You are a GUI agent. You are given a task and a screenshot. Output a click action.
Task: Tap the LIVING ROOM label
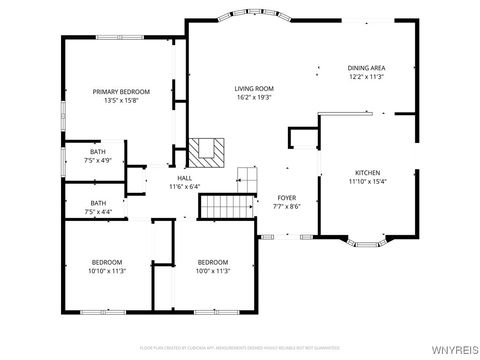tap(254, 89)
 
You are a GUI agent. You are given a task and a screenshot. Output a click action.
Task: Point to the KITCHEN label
tap(367, 173)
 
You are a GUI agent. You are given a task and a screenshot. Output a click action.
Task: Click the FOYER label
tap(287, 198)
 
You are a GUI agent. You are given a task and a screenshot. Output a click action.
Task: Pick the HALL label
tap(184, 178)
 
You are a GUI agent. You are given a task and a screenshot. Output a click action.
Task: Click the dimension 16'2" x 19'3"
tap(254, 98)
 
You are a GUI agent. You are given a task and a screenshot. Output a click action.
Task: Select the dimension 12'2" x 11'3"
tap(367, 77)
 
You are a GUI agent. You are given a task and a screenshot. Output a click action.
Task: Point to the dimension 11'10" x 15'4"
tap(367, 182)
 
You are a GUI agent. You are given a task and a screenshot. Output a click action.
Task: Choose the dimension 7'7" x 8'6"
tap(287, 207)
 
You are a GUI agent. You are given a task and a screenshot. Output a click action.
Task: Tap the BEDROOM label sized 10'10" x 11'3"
tap(106, 262)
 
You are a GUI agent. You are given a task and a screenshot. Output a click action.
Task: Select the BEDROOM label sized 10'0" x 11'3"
tap(213, 262)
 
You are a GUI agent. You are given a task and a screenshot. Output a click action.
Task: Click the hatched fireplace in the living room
tap(208, 150)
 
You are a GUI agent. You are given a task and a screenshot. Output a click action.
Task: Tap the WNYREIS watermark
tap(455, 351)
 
